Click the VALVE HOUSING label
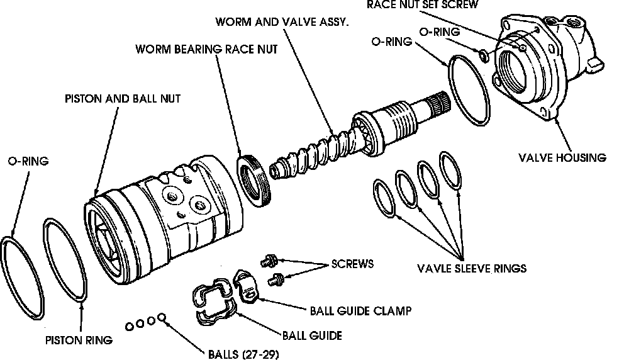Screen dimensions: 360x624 click(x=562, y=158)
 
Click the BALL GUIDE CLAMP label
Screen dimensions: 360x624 click(x=360, y=310)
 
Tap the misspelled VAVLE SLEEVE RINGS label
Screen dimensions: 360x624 click(x=472, y=268)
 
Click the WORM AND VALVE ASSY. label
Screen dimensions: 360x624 click(x=283, y=21)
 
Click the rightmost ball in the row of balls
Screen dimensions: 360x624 click(x=161, y=318)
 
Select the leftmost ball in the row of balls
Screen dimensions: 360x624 click(x=129, y=325)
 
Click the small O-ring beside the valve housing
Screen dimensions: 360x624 click(x=482, y=57)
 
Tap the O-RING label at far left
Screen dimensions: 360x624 click(x=28, y=161)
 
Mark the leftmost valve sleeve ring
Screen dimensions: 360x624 click(x=385, y=198)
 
